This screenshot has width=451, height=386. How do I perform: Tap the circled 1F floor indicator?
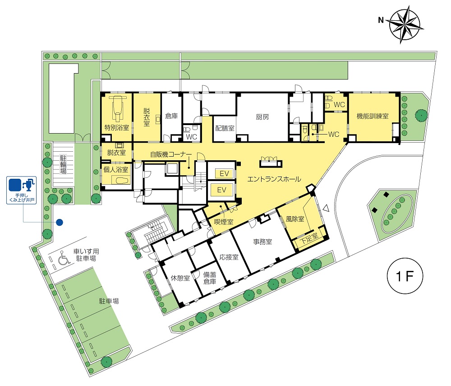405,276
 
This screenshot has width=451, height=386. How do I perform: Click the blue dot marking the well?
60,222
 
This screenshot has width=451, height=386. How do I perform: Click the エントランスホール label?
274,179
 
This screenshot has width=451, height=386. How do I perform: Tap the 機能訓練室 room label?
373,116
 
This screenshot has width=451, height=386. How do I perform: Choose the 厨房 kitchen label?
262,117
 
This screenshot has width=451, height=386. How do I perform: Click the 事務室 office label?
262,242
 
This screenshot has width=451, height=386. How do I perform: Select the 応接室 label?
229,257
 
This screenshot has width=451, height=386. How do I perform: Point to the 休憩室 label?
180,278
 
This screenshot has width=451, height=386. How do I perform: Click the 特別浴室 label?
116,127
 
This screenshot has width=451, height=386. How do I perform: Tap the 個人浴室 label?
115,170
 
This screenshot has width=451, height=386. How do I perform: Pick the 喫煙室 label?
224,222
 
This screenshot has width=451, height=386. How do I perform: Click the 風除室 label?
295,219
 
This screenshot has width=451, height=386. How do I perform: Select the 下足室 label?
309,238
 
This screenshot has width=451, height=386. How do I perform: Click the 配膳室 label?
225,128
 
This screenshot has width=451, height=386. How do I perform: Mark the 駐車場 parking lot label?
109,301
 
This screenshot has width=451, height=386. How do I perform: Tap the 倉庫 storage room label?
171,116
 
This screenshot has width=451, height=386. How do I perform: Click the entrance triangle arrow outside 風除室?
326,208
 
